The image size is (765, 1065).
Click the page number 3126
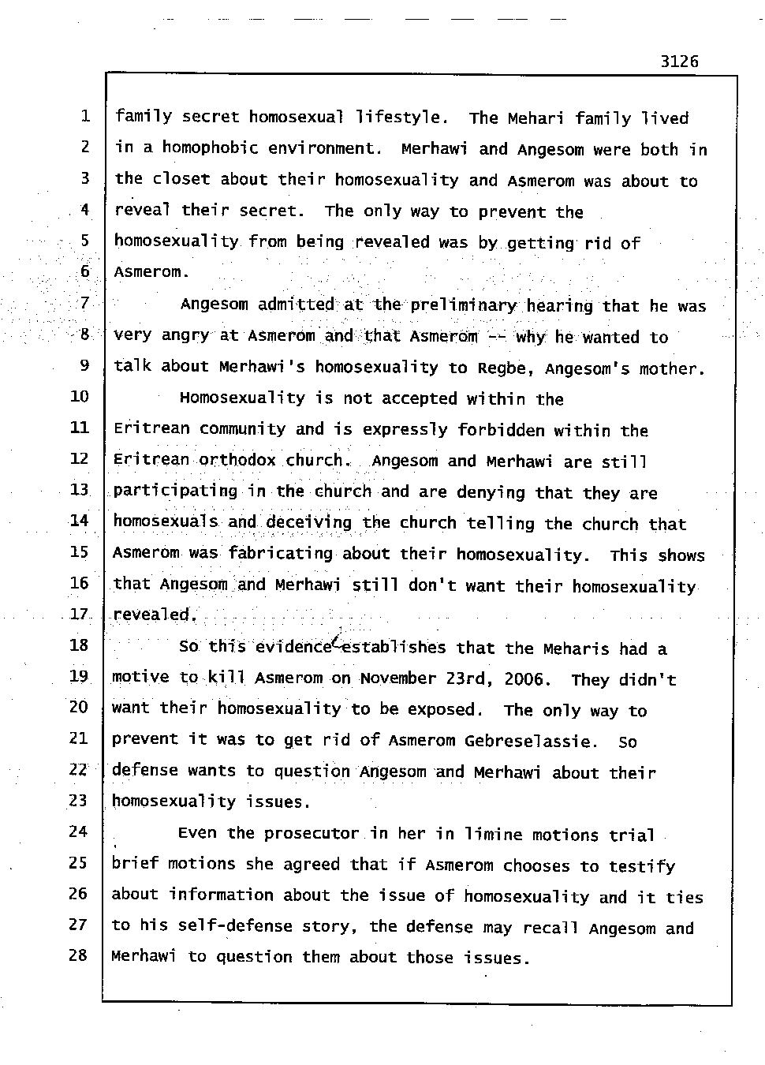pos(679,62)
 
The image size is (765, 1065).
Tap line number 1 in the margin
pos(84,117)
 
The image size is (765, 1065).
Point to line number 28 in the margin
pos(77,955)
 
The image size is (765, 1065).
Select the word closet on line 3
pos(181,179)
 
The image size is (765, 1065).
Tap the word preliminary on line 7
pos(463,305)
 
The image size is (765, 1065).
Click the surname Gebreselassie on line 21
pos(530,741)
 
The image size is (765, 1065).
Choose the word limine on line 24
pos(494,834)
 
